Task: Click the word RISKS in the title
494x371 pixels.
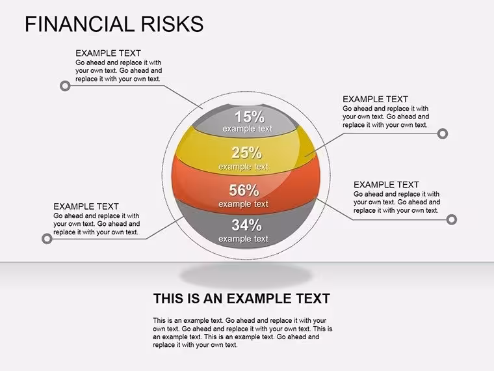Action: (172, 24)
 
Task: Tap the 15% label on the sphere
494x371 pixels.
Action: (250, 117)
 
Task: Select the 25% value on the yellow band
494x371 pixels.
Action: (247, 153)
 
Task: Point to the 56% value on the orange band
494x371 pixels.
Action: (244, 190)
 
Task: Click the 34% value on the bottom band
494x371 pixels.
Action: (247, 225)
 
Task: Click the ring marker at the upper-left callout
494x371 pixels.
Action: (65, 86)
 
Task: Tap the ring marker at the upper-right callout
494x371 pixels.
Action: (443, 134)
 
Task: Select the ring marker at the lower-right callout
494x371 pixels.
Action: (452, 219)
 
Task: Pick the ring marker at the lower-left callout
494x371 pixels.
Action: (47, 238)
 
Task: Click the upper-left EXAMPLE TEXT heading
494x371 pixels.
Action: (108, 53)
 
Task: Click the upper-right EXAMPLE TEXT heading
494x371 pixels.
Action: (375, 99)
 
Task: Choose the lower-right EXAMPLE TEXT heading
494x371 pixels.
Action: (386, 185)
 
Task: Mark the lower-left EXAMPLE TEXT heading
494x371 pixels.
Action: (86, 206)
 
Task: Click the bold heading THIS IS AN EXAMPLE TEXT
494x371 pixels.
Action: (242, 299)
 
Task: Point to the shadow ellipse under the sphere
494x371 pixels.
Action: (246, 276)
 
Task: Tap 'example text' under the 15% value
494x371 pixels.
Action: (247, 129)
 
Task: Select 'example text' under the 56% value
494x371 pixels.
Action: (244, 204)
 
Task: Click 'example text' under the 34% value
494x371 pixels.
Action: (244, 239)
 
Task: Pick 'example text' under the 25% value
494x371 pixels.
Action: (244, 167)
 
